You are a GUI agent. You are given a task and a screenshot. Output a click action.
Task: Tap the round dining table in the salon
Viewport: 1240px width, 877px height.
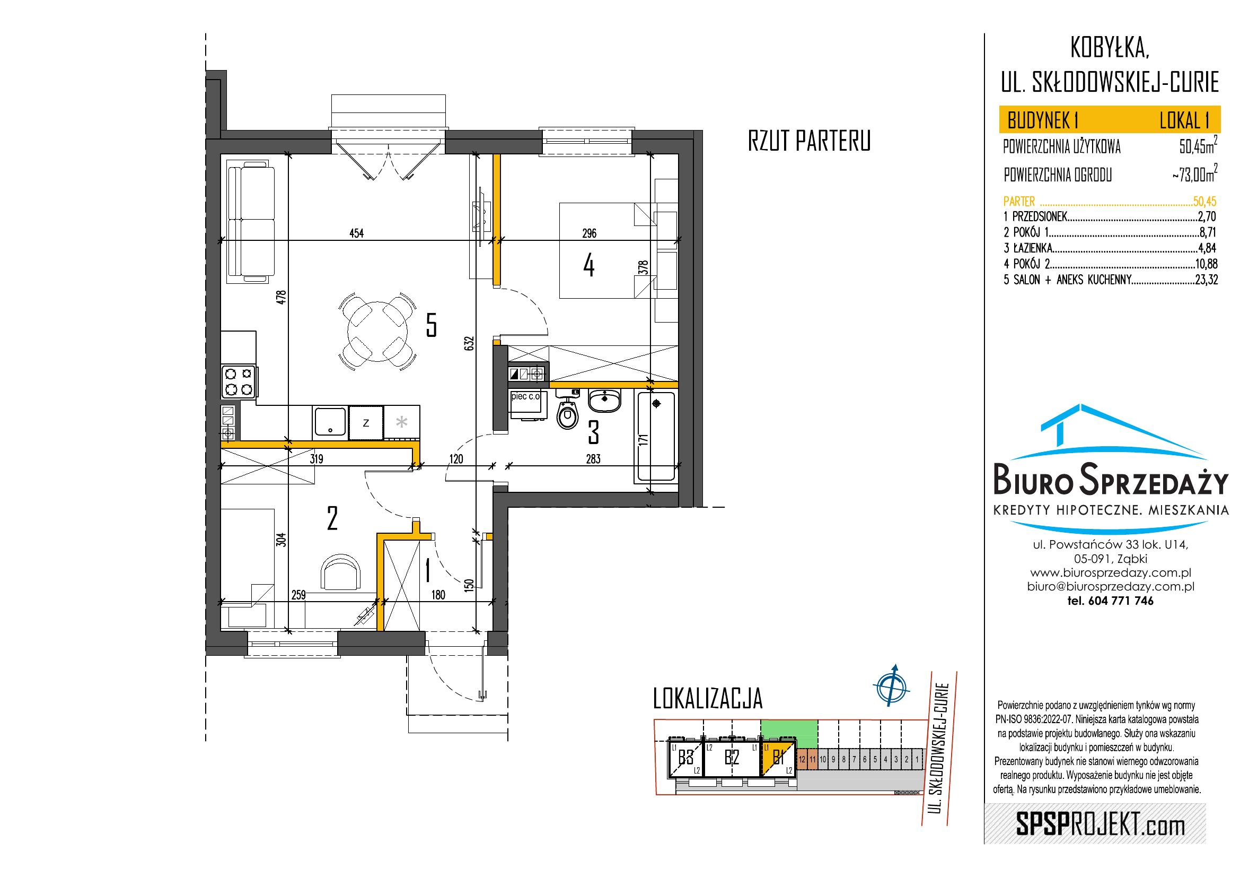point(377,331)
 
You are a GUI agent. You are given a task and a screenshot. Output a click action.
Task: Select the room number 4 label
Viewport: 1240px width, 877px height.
point(589,266)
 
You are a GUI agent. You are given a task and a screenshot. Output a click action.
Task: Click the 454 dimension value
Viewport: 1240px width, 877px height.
point(357,233)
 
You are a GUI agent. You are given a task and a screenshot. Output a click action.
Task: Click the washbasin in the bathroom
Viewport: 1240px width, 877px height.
point(605,402)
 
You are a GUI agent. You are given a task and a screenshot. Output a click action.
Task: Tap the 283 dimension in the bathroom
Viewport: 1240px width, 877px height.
point(593,459)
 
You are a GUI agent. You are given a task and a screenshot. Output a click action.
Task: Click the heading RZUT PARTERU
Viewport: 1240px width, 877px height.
point(809,142)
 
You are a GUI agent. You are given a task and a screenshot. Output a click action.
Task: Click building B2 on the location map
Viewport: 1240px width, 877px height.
point(732,758)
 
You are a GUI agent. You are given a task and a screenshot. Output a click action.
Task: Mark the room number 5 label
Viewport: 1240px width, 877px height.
point(431,325)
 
